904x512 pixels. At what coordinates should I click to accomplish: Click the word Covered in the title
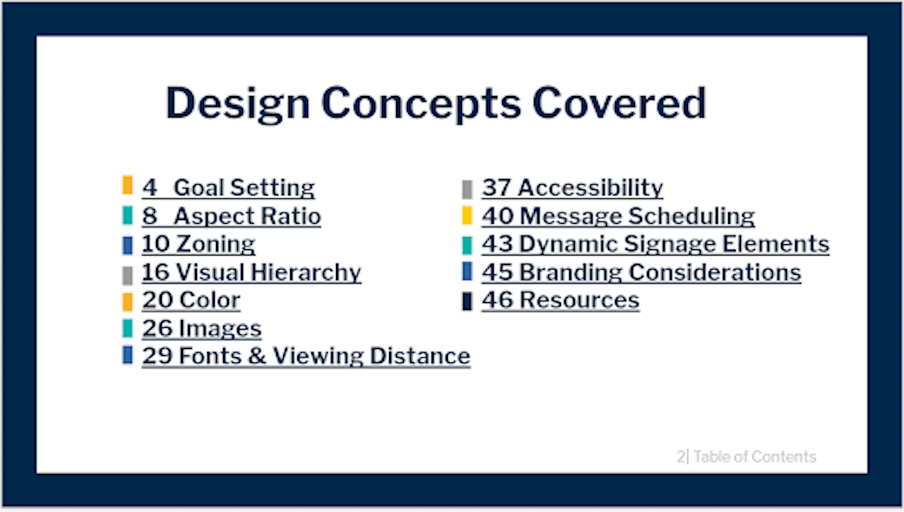click(619, 103)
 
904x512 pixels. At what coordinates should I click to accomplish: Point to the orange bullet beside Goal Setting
click(128, 185)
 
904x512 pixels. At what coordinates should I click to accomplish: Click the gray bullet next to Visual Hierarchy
click(128, 275)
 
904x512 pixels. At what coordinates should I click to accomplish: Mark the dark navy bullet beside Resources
click(468, 302)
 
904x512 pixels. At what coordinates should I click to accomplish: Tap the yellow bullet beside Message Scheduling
click(468, 215)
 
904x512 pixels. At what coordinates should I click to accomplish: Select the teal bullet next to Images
click(128, 328)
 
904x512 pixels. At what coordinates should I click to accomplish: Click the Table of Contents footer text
click(755, 457)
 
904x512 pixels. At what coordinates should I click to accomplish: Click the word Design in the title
click(238, 104)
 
